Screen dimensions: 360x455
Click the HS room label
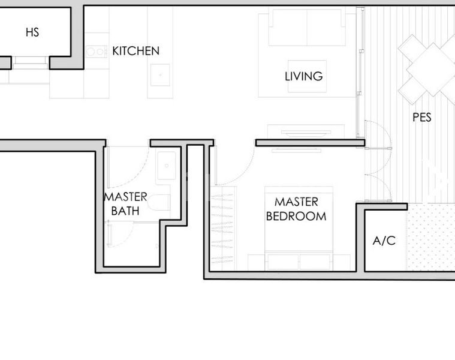tap(32, 32)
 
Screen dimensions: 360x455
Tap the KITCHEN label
tap(136, 51)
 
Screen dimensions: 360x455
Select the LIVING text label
tap(303, 76)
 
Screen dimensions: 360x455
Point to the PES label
tap(422, 118)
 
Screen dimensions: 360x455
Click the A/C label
tap(384, 241)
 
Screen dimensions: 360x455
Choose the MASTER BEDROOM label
tap(296, 209)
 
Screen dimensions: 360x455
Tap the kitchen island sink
tap(161, 75)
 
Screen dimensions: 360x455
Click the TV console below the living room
tap(306, 131)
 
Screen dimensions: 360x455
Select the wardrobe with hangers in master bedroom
tap(224, 228)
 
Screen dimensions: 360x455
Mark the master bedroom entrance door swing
tap(234, 168)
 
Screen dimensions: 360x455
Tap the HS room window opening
tap(30, 60)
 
